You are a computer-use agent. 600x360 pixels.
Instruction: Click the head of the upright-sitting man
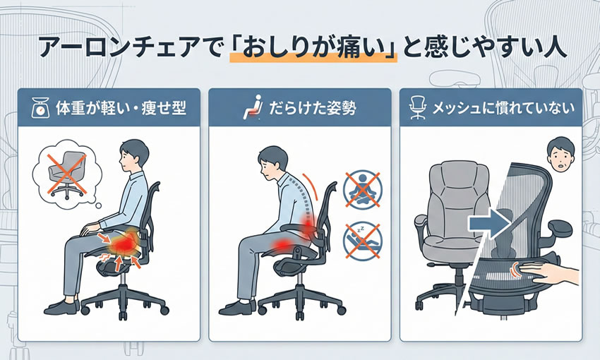tap(134, 155)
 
